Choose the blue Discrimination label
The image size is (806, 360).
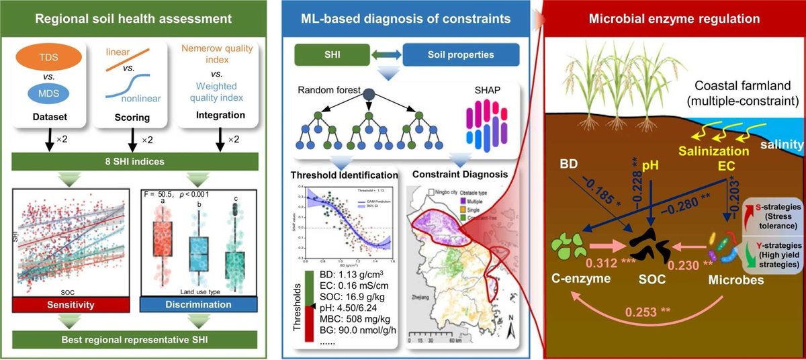tap(189, 304)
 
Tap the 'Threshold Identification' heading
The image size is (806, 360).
tap(344, 176)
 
